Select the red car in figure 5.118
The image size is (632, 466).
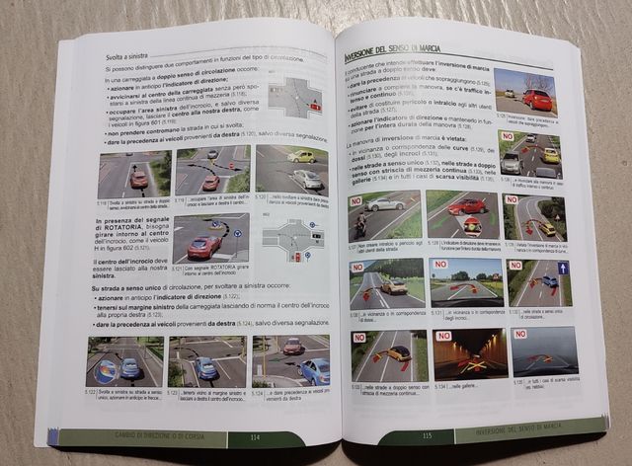[x=137, y=178]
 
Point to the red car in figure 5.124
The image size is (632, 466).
[x=293, y=347]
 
